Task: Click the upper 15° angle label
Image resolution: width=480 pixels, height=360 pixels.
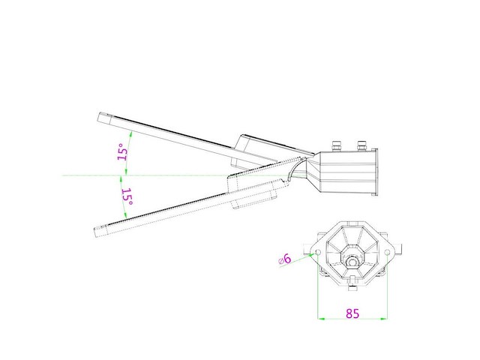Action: click(121, 153)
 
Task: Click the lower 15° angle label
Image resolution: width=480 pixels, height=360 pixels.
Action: click(127, 197)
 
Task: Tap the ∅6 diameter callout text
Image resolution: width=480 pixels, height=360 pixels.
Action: click(284, 259)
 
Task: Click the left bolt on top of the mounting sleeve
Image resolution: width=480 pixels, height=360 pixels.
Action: click(337, 143)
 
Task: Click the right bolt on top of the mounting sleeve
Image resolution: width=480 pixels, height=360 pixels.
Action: click(361, 143)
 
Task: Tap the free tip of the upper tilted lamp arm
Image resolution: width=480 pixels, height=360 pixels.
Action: click(102, 116)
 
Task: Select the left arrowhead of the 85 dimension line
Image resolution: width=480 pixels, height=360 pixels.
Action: click(323, 319)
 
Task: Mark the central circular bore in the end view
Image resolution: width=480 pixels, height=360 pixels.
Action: click(352, 262)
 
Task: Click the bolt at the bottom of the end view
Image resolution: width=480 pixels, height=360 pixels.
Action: click(352, 289)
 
